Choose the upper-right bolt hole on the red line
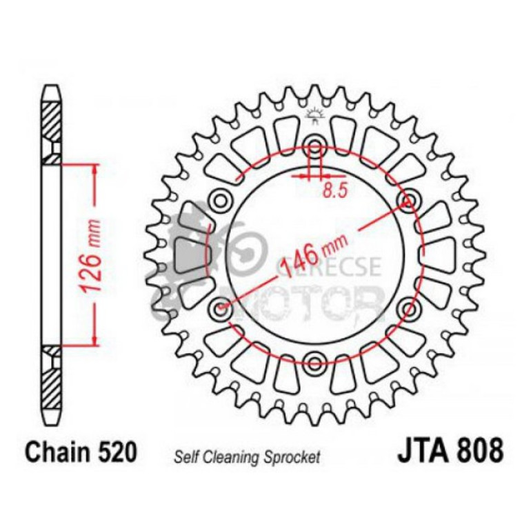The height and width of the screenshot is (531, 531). [408, 201]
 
